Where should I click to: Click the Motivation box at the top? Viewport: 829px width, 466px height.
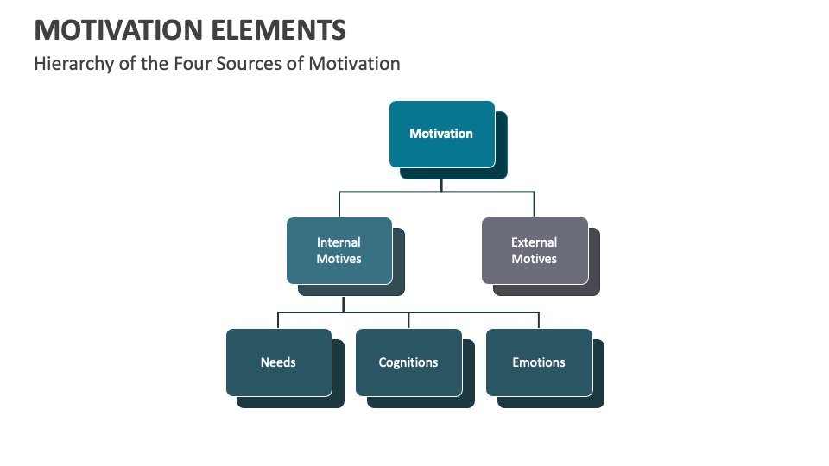(441, 134)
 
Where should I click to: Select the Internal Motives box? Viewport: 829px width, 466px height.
(339, 250)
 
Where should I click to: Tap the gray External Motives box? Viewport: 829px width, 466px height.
(534, 250)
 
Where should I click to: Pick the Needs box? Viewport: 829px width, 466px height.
(278, 362)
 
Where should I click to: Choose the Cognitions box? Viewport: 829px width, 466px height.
(408, 362)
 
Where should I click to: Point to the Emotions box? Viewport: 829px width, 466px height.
(539, 362)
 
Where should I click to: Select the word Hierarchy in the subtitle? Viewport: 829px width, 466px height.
(73, 64)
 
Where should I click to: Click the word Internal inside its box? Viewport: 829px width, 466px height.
(339, 242)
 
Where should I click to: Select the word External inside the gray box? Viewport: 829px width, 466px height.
(534, 242)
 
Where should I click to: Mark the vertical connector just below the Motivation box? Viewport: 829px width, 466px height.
(441, 185)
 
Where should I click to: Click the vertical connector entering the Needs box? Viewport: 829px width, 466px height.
(278, 320)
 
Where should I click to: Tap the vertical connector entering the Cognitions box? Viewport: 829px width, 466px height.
(408, 320)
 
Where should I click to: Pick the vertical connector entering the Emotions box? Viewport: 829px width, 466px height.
(539, 320)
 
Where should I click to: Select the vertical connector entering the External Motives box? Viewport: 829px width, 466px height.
(534, 205)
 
